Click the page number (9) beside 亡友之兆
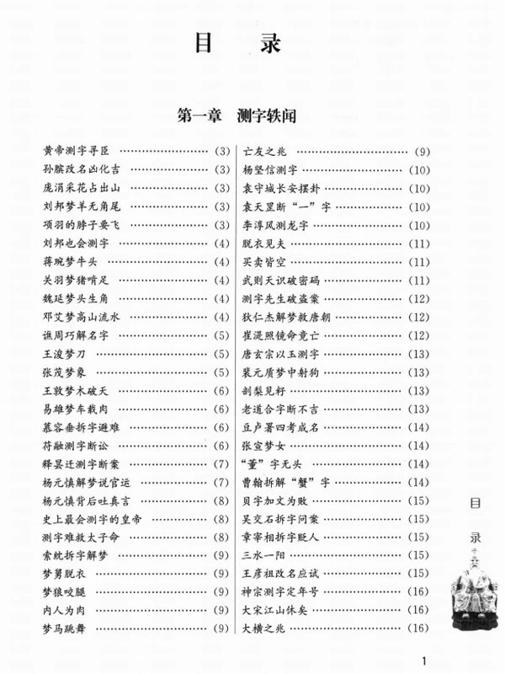421,152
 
